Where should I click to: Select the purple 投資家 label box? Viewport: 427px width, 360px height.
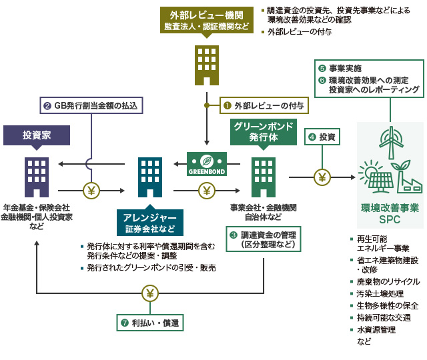click(37, 135)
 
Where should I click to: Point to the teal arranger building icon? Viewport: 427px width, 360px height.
click(149, 177)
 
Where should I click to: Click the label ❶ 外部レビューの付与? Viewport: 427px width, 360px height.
click(256, 105)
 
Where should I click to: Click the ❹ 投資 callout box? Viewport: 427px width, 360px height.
click(323, 137)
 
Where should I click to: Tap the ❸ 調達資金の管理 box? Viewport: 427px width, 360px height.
click(262, 239)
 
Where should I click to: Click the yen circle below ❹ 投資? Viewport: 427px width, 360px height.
click(323, 177)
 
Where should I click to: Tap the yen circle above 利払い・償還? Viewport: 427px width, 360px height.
click(150, 293)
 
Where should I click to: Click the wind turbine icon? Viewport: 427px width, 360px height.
click(390, 141)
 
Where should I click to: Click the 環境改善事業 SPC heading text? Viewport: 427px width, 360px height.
click(390, 213)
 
